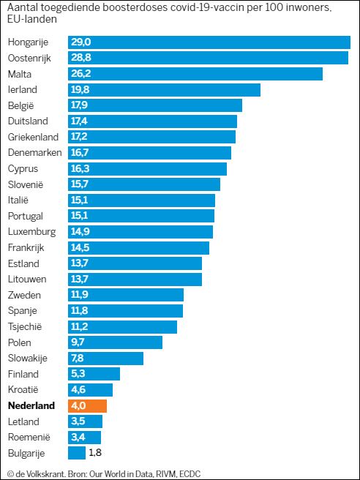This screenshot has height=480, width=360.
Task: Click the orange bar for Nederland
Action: pyautogui.click(x=88, y=406)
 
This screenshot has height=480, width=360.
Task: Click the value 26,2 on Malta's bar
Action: pyautogui.click(x=80, y=74)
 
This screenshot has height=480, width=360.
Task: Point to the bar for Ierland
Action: pyautogui.click(x=164, y=90)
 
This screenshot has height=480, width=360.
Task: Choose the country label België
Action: pyautogui.click(x=21, y=105)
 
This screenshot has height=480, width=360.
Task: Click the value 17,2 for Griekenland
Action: pyautogui.click(x=80, y=137)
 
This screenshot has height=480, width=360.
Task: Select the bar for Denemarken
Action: pyautogui.click(x=149, y=153)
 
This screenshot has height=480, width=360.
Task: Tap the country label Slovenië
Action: pyautogui.click(x=27, y=184)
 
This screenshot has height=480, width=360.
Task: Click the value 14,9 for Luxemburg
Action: pyautogui.click(x=80, y=232)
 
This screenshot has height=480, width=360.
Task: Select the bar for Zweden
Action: pyautogui.click(x=126, y=295)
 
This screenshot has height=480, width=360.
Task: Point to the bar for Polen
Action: pyautogui.click(x=115, y=342)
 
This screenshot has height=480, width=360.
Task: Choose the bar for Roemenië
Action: pyautogui.click(x=85, y=438)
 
